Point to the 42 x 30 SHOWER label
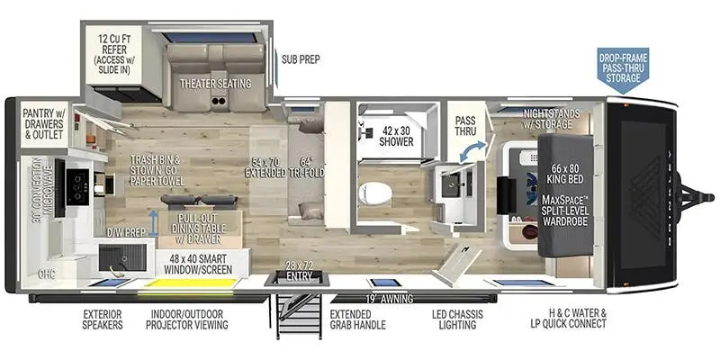pyautogui.click(x=396, y=134)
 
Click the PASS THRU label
pyautogui.click(x=465, y=125)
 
